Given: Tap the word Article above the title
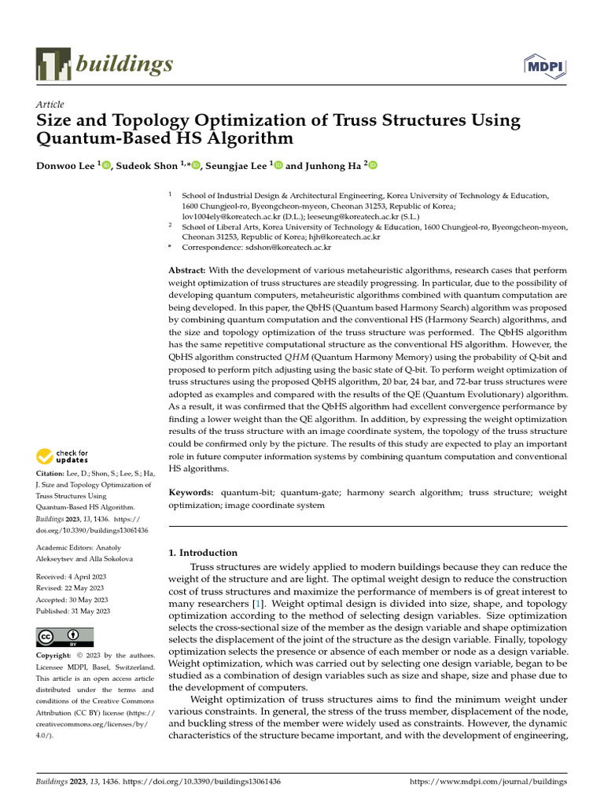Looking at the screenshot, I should pyautogui.click(x=50, y=105).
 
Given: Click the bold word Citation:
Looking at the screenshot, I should pyautogui.click(x=52, y=474).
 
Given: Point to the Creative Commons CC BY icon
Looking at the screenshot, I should pyautogui.click(x=64, y=638).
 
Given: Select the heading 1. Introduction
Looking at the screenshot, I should pyautogui.click(x=203, y=553).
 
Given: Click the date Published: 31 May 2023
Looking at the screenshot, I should pyautogui.click(x=73, y=611).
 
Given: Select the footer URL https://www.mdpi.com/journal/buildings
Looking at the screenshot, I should pyautogui.click(x=489, y=783).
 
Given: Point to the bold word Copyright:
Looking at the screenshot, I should pyautogui.click(x=57, y=656).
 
